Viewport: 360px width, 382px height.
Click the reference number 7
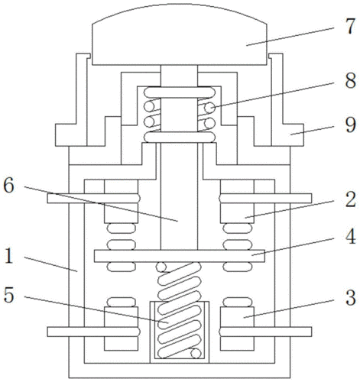point(350,27)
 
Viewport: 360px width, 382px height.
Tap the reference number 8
point(350,81)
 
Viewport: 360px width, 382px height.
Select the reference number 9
point(350,125)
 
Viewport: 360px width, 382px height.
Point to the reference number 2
point(351,199)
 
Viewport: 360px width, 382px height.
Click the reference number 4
point(351,237)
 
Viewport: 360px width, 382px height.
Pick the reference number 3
point(351,298)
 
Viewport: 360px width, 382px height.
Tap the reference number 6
point(8,186)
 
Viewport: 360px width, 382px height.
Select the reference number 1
point(9,256)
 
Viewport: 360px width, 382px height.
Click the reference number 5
point(8,296)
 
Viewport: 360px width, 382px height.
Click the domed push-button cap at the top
point(180,34)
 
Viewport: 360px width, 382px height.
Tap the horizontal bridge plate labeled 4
point(180,256)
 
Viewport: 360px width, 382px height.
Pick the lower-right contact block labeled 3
point(237,329)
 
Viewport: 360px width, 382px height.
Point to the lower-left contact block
point(121,329)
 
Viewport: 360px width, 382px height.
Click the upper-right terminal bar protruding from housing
point(265,198)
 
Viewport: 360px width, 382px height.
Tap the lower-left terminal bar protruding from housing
point(93,332)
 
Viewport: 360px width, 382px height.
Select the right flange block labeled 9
point(293,135)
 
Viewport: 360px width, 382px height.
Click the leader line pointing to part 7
point(290,37)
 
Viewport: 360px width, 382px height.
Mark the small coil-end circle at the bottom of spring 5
point(196,354)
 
